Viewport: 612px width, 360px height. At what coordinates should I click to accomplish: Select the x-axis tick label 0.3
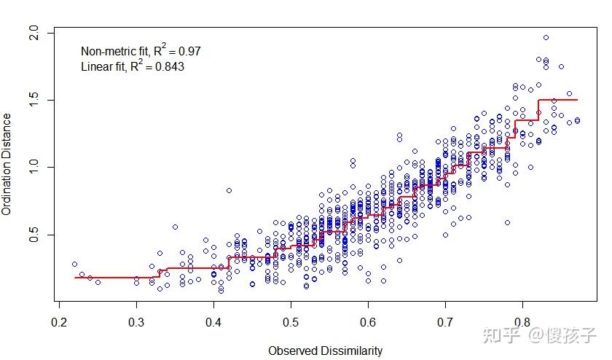coord(136,322)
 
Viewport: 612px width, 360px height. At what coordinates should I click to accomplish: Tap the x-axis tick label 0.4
coord(213,322)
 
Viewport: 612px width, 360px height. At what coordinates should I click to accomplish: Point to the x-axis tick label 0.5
coord(291,322)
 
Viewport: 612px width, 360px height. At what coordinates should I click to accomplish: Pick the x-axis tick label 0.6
coord(368,322)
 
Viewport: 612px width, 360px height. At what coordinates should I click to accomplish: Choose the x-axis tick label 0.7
coord(445,322)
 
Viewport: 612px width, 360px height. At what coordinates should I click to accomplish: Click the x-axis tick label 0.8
coord(522,322)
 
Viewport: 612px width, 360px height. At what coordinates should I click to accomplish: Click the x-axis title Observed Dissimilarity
coord(325,351)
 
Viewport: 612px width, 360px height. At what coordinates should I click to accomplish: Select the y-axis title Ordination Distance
coord(7,164)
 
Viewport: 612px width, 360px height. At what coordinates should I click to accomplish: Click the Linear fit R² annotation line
coord(132,66)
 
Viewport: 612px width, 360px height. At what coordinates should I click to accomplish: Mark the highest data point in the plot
coord(546,38)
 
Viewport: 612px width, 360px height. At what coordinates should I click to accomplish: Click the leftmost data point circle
coord(74,265)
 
